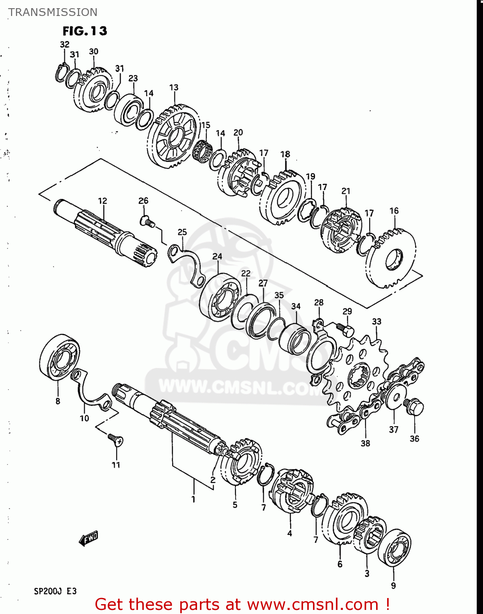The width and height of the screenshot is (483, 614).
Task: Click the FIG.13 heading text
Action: [x=85, y=31]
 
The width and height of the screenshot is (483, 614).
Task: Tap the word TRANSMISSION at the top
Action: [x=53, y=12]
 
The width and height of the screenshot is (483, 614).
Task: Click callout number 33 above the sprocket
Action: [x=376, y=322]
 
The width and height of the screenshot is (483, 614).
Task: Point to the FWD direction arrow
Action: [x=89, y=538]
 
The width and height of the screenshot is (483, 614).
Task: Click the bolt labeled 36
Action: [x=415, y=407]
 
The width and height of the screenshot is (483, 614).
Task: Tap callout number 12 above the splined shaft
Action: [x=102, y=201]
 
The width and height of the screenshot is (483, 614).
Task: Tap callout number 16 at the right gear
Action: [x=394, y=211]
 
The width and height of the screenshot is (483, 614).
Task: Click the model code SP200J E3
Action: [x=55, y=591]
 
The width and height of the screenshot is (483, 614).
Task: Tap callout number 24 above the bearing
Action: [x=217, y=257]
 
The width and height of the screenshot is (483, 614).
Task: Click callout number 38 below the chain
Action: [x=365, y=443]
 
